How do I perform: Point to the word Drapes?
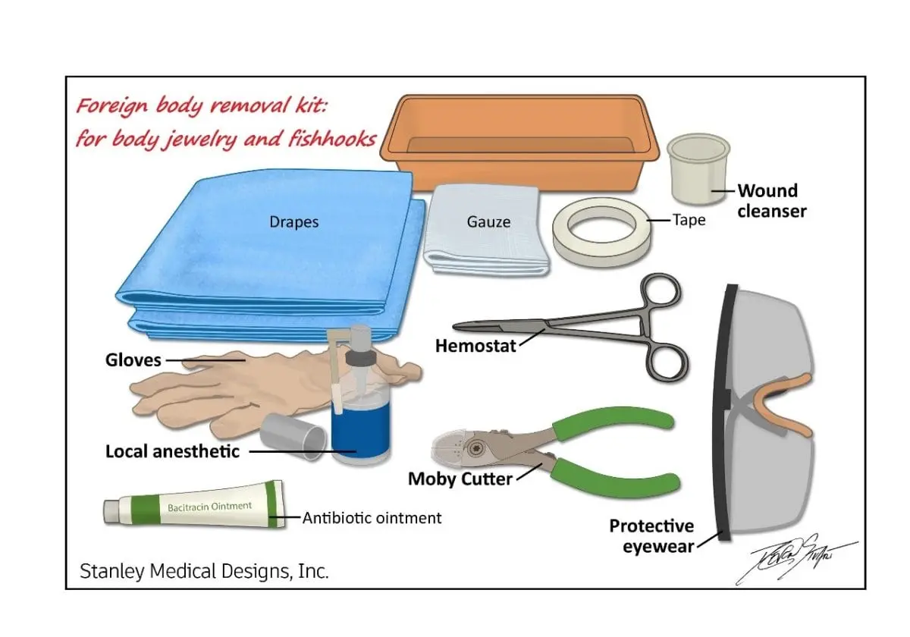click(294, 222)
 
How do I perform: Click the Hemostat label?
click(475, 347)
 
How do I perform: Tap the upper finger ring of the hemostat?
click(660, 293)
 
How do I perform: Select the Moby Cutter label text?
click(460, 479)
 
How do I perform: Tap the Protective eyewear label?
click(652, 535)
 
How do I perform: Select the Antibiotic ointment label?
click(372, 519)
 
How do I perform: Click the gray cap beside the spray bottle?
click(293, 436)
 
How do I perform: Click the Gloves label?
click(133, 360)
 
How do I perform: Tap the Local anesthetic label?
click(173, 452)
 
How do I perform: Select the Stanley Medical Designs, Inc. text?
click(205, 571)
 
